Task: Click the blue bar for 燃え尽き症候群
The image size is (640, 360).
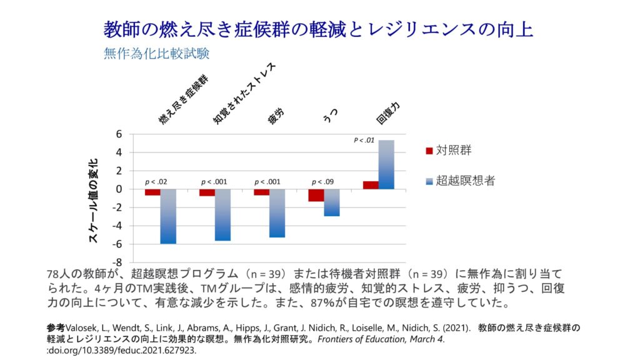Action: pyautogui.click(x=168, y=216)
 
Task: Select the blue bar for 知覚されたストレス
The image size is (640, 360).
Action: pyautogui.click(x=222, y=214)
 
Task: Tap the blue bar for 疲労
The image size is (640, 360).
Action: pyautogui.click(x=277, y=213)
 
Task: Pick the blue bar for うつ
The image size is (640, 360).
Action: pyautogui.click(x=332, y=202)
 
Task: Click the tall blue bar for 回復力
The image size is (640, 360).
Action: pyautogui.click(x=386, y=164)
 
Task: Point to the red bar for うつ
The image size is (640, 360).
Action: pyautogui.click(x=316, y=195)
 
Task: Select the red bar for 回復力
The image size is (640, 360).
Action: pyautogui.click(x=371, y=185)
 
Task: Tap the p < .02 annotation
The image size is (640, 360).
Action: pyautogui.click(x=156, y=182)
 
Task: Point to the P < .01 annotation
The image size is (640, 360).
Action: pyautogui.click(x=364, y=141)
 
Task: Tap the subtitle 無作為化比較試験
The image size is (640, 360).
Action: pyautogui.click(x=156, y=53)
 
